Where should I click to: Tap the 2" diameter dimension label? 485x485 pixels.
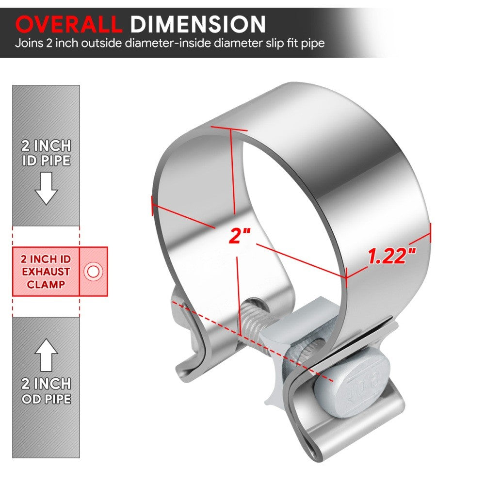pos(239,236)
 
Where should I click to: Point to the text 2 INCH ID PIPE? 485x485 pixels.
pos(46,153)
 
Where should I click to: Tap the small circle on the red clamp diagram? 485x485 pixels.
pos(92,271)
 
